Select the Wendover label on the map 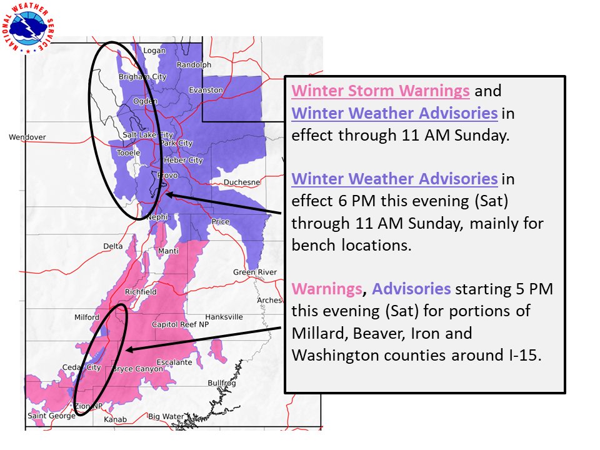(x=27, y=137)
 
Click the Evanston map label (x=207, y=90)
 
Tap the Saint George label (x=46, y=416)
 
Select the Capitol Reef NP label (x=181, y=324)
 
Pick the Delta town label (x=113, y=246)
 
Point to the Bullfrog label (x=222, y=382)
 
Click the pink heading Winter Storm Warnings (x=381, y=91)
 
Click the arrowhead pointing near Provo (x=170, y=194)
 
